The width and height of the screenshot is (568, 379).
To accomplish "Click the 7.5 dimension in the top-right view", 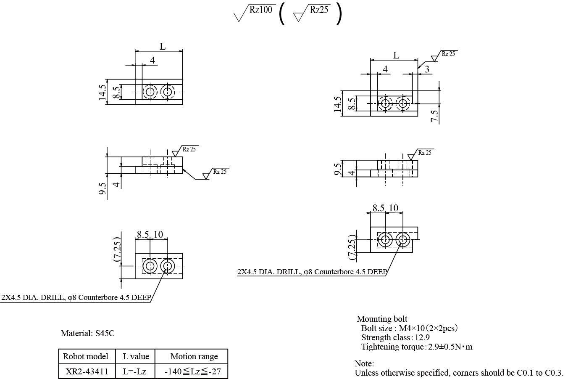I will tap(435, 115).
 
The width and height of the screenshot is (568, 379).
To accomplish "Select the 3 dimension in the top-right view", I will tap(427, 69).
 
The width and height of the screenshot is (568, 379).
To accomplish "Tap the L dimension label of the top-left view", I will tap(163, 47).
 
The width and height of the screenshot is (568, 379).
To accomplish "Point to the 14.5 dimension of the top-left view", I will tap(102, 92).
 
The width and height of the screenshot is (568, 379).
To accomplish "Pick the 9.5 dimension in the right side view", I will tap(337, 168).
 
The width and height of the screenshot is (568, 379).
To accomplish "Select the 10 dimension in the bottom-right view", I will tap(393, 208).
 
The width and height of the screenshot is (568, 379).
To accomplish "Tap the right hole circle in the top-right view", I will tap(403, 103).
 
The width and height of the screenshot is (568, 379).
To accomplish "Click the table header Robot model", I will tap(86, 356).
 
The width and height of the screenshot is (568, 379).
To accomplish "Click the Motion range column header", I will tap(194, 356).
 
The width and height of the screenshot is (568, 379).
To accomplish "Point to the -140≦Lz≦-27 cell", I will tap(193, 372).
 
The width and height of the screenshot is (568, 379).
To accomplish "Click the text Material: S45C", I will tap(87, 334).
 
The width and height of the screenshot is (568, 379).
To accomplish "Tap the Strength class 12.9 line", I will tap(395, 337).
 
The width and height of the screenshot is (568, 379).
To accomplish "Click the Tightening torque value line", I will tap(417, 347).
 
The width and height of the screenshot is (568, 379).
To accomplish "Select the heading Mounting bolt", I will tap(382, 319).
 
